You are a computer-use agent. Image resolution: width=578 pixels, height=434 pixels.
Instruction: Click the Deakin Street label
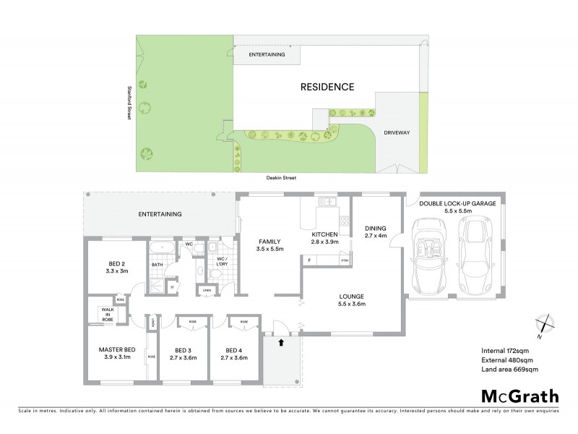pos(280,177)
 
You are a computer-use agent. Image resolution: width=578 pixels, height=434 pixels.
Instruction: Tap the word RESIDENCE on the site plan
pos(327,87)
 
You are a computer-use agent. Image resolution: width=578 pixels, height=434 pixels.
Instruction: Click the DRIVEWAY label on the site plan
pos(397,132)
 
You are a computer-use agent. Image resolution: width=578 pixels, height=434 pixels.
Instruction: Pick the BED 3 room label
pos(183,354)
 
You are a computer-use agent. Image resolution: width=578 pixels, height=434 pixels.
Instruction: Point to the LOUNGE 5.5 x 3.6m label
pos(352,299)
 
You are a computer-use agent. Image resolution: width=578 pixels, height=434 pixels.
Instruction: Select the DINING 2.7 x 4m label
pos(376,230)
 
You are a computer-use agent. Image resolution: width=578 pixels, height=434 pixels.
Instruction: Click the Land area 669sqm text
pos(509,370)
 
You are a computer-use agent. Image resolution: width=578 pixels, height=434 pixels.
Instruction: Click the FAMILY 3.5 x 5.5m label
pos(271,244)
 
